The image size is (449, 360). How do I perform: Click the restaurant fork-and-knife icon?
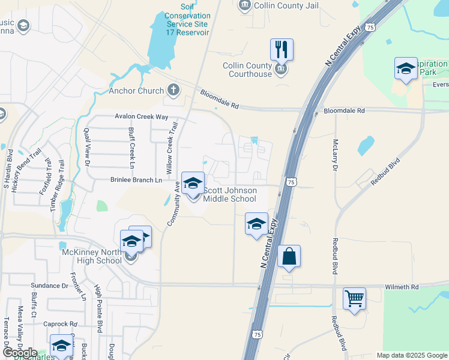[x=282, y=49]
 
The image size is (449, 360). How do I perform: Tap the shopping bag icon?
[x=289, y=256]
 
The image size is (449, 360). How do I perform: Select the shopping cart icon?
[x=354, y=298]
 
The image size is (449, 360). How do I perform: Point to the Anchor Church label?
[x=136, y=91]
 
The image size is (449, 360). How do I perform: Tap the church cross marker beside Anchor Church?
[x=173, y=91]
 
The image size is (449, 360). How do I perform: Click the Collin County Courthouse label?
[x=247, y=70]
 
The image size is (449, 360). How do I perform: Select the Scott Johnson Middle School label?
[x=230, y=194]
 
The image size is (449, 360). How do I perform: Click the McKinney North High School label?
[x=92, y=256]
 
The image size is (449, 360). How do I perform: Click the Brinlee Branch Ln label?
[x=136, y=179]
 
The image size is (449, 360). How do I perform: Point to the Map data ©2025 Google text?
[x=411, y=355]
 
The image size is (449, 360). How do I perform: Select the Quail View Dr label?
[x=87, y=146]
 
